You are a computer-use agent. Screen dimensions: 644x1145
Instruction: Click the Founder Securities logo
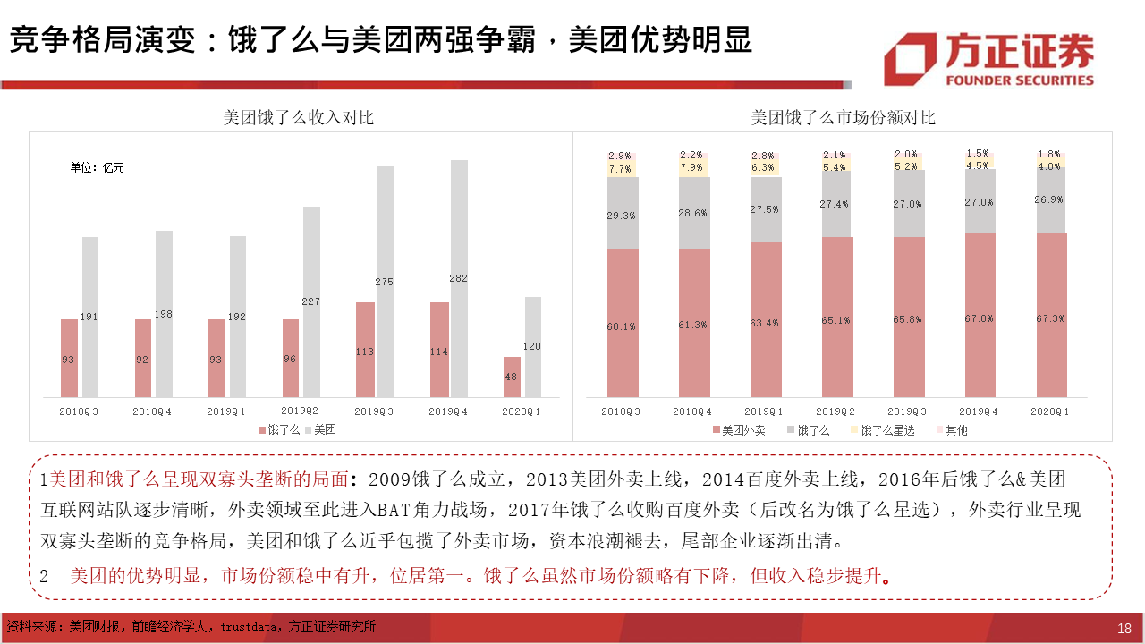coord(988,59)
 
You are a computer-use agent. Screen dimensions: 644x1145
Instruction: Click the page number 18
coord(1124,628)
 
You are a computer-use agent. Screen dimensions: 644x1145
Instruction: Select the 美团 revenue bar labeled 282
coord(459,278)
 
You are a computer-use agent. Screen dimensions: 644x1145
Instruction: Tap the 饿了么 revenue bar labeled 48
coord(512,377)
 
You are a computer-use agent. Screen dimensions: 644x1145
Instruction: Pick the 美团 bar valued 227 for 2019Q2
coord(311,301)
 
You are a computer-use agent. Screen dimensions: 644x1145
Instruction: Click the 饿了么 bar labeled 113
coord(364,350)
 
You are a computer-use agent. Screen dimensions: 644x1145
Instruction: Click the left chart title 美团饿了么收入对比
coord(299,118)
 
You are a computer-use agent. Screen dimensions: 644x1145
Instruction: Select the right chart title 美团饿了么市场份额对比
coord(843,118)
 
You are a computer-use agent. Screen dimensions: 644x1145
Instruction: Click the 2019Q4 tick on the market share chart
coord(979,411)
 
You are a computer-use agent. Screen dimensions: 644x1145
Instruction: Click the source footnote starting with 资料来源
coord(191,627)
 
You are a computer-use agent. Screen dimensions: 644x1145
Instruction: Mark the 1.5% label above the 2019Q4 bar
coord(978,154)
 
